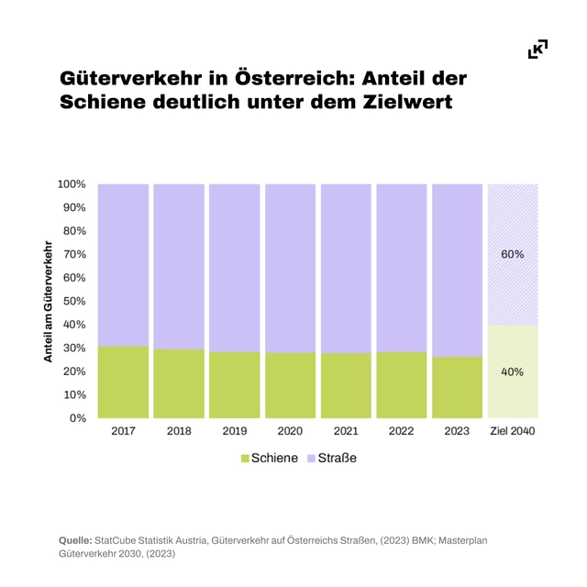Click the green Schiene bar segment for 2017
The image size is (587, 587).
coord(123,382)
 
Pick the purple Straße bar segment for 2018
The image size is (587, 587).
coord(179,266)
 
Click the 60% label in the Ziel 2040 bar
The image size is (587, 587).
coord(512,254)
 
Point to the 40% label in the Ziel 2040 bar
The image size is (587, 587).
coord(512,371)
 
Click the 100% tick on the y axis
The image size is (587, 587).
coord(72,184)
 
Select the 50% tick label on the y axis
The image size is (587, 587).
coord(74,301)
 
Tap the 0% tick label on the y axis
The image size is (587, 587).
coord(78,418)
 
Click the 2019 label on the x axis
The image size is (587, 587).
coord(235,431)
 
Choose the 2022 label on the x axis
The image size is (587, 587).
coord(401,431)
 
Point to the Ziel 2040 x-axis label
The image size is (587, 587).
coord(512,431)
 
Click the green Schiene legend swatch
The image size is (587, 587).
coord(245,458)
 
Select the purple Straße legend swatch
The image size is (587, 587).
coord(312,458)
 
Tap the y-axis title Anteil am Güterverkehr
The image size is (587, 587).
coord(47,301)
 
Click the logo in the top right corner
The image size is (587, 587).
coord(538,49)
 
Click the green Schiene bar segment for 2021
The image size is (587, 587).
coord(346,385)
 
